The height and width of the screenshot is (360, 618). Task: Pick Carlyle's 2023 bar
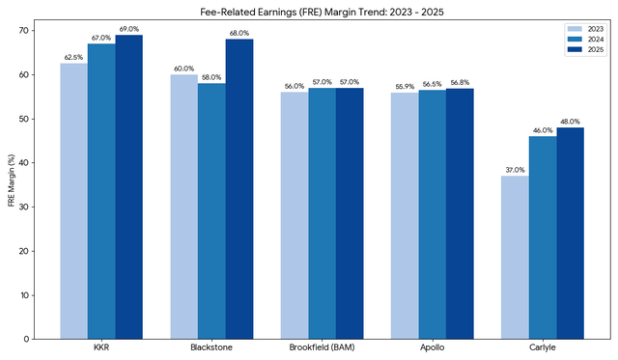pos(515,257)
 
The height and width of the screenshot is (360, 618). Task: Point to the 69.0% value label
pos(128,30)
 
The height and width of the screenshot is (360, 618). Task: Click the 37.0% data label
pos(515,170)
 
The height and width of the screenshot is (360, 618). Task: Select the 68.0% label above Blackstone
pos(239,34)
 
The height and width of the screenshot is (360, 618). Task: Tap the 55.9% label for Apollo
pos(405,87)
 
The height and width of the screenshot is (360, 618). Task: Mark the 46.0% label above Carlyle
pos(543,130)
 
